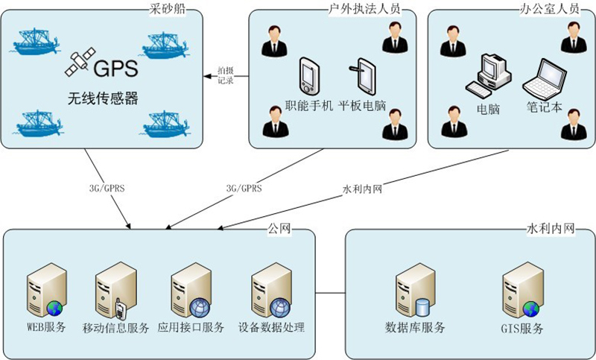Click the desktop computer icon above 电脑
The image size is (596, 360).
click(488, 76)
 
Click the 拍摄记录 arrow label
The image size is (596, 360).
click(226, 75)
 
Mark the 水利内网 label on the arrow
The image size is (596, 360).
click(361, 189)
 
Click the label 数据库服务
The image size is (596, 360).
click(414, 327)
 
